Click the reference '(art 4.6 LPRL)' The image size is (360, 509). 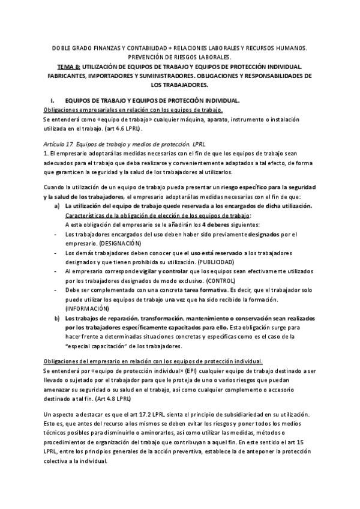[122, 128]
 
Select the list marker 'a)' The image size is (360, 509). [56, 206]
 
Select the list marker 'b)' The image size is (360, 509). [56, 318]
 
